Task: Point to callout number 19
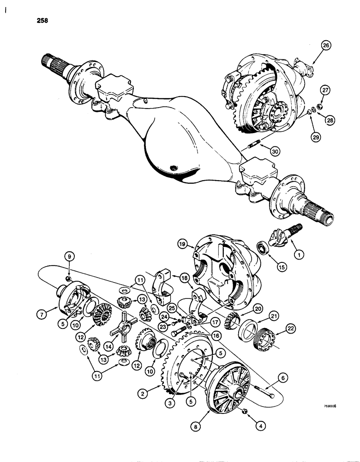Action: coord(183,243)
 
